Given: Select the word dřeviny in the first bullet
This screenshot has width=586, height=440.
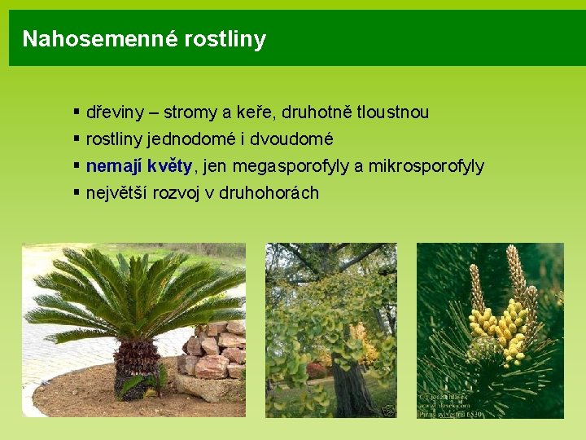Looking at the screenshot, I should (112, 112).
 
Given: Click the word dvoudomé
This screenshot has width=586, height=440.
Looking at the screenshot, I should (294, 139).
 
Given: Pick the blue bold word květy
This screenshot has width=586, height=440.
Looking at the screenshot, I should (170, 166).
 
